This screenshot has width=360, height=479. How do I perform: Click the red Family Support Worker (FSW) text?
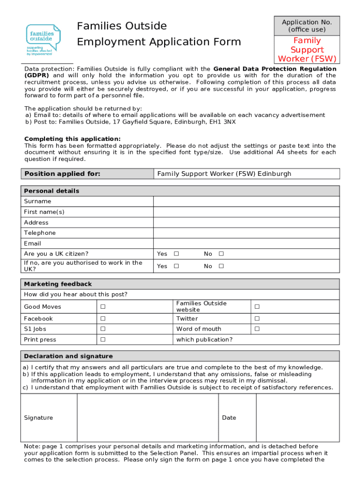point(307,50)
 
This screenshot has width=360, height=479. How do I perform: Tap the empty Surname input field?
point(246,201)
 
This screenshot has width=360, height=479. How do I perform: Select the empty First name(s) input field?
point(246,212)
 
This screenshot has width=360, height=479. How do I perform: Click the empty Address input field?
point(246,223)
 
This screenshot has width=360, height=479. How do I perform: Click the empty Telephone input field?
point(246,233)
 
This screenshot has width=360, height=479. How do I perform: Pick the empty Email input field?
point(246,243)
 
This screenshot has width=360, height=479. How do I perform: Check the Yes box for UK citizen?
point(176,254)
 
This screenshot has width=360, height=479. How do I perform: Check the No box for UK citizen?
point(221,254)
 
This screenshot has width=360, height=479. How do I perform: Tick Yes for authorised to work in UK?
point(176,266)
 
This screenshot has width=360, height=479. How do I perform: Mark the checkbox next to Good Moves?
point(103,307)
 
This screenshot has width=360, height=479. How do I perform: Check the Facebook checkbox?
point(103,319)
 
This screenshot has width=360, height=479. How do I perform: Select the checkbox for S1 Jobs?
point(103,329)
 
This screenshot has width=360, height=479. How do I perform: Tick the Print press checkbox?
point(103,340)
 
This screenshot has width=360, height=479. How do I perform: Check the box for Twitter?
point(256,319)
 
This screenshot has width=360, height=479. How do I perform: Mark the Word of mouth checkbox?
point(256,329)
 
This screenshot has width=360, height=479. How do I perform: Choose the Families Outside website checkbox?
point(256,307)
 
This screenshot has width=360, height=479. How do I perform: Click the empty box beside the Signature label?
point(147,418)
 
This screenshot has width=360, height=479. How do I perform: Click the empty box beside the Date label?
point(297,418)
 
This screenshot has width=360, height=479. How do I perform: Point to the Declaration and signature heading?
point(68,356)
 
